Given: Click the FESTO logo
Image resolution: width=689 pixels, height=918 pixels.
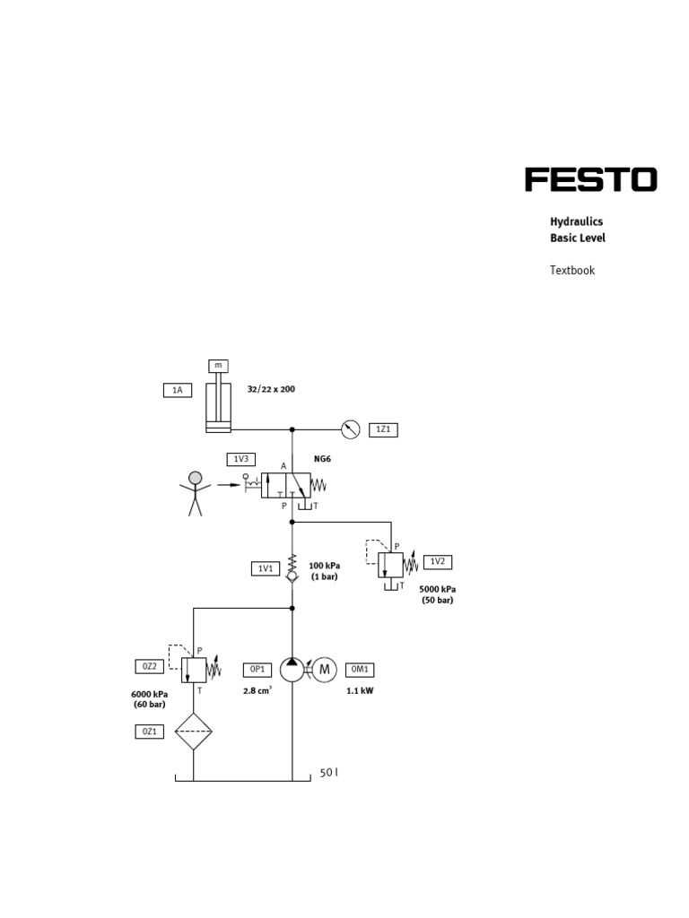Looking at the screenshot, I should [x=590, y=179].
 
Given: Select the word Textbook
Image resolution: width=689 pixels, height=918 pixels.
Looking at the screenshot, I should [x=572, y=270].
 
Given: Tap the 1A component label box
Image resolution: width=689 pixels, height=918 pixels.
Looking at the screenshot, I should [x=178, y=389].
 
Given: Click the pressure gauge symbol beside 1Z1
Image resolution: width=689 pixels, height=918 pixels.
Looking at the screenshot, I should [x=351, y=429].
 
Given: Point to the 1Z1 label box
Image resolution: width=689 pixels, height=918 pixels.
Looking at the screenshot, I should [x=383, y=430].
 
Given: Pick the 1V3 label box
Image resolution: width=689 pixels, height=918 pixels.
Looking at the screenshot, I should [x=240, y=459].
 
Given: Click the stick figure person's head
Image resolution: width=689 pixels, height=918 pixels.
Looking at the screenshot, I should [x=196, y=478].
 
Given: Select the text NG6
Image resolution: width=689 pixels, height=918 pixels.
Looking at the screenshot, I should [x=323, y=459].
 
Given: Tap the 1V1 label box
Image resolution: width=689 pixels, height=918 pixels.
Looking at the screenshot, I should [x=265, y=567].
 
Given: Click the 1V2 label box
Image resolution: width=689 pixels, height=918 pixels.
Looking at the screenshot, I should [x=437, y=562].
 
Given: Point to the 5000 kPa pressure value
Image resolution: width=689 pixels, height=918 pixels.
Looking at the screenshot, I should [x=438, y=589].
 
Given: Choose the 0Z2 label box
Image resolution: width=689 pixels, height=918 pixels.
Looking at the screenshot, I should [x=149, y=666].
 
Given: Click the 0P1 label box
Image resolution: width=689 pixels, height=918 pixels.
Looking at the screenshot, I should [x=257, y=669].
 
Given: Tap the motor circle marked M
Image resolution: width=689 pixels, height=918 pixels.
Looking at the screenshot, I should [x=325, y=669].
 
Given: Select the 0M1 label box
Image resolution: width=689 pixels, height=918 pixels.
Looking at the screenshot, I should [x=360, y=669].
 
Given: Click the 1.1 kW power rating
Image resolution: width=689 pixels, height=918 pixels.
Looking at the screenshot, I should [x=360, y=691].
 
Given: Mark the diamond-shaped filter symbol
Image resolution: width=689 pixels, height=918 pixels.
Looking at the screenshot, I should [x=194, y=732].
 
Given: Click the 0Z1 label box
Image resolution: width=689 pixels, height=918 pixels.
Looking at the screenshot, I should [x=149, y=732].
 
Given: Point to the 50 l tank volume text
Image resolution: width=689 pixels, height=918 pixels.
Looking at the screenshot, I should [x=329, y=773].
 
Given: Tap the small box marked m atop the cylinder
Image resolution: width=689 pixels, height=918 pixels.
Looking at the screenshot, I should [x=218, y=366].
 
